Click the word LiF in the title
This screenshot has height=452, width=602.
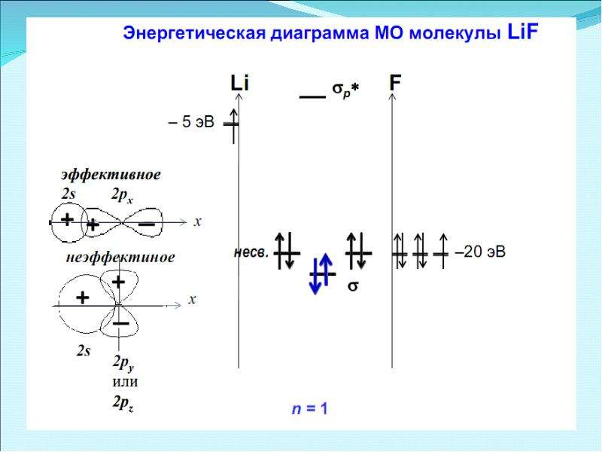click(522, 32)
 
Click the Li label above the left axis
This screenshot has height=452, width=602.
click(239, 83)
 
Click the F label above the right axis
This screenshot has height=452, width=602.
click(395, 83)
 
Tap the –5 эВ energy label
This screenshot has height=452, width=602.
click(191, 122)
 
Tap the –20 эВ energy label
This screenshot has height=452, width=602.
click(480, 252)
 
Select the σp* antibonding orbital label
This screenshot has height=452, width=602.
click(345, 90)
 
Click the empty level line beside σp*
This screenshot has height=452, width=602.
click(312, 96)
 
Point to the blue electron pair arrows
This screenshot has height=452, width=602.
click(321, 273)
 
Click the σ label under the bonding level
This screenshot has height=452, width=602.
click(353, 286)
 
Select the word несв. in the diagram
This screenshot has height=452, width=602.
click(251, 252)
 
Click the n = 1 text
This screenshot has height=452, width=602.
click(309, 408)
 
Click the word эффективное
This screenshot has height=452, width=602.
click(111, 175)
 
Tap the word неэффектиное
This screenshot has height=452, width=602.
click(120, 257)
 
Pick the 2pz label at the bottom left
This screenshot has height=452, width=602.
click(123, 403)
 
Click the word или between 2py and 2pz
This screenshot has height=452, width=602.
click(125, 382)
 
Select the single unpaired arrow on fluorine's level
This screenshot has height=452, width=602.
click(443, 251)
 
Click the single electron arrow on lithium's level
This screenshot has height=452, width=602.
click(233, 126)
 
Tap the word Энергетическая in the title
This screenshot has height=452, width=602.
click(194, 33)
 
